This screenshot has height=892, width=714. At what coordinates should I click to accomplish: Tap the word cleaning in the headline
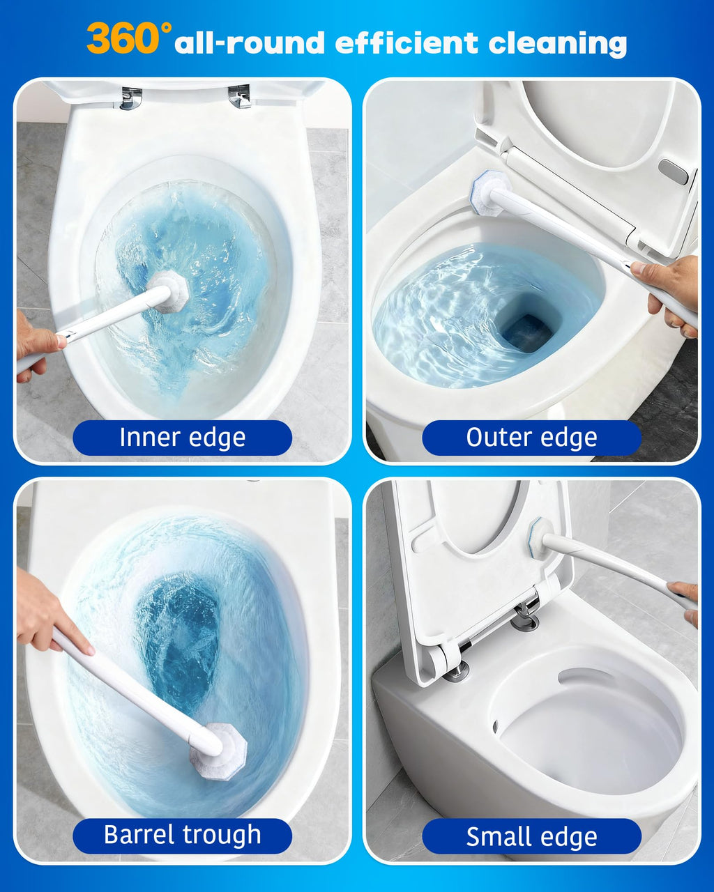(557, 43)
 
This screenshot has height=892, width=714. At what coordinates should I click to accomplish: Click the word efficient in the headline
(407, 43)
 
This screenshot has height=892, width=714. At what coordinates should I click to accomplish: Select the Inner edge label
(183, 438)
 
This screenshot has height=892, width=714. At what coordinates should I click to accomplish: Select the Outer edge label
(531, 438)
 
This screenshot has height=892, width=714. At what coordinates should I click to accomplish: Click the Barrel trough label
(183, 836)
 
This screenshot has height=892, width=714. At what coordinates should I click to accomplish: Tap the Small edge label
(531, 836)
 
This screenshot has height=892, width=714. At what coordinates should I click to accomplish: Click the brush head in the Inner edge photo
(170, 292)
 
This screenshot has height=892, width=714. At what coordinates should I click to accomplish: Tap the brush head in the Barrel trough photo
(220, 751)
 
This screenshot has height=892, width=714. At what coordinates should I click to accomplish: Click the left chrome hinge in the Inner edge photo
(131, 98)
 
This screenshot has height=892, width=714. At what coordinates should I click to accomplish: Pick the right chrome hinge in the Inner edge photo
(239, 97)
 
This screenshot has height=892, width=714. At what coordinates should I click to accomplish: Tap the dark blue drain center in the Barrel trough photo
(178, 638)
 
